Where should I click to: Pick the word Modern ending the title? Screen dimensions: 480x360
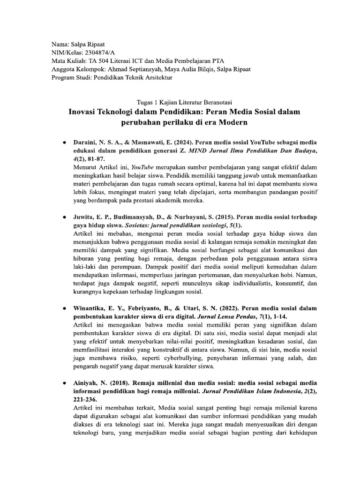tap(233, 123)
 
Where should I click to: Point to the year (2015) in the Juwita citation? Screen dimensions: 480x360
tap(221, 217)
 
